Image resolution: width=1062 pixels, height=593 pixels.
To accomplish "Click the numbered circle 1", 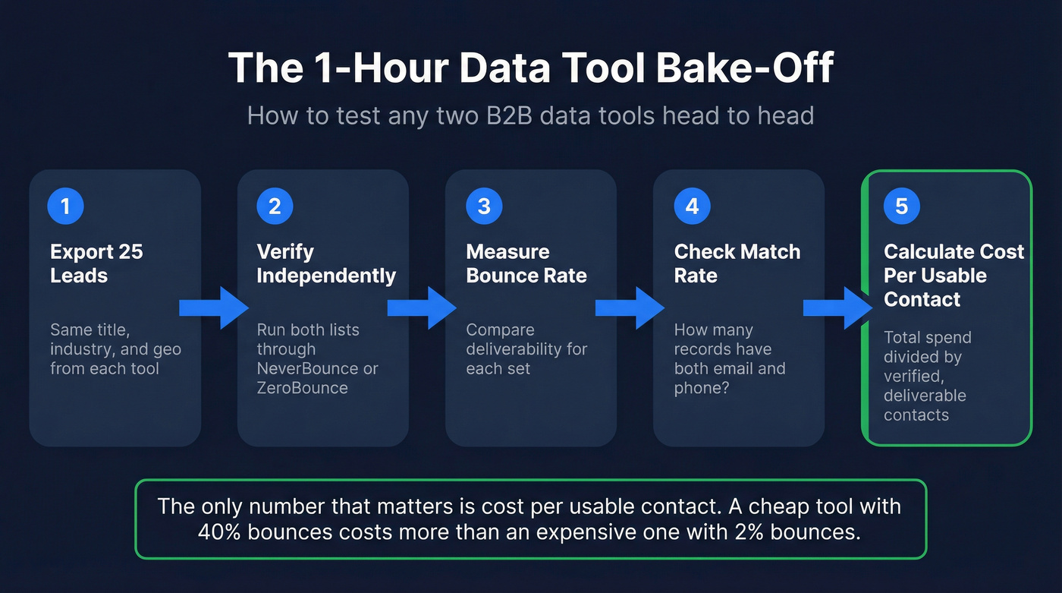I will point(65,207).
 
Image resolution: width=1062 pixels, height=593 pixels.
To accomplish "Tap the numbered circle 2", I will point(275,207).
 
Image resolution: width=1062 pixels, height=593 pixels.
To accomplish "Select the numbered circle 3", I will point(484,207).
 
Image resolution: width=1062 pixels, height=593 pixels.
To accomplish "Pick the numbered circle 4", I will point(692,207).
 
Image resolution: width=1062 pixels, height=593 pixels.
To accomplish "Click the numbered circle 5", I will point(901,207).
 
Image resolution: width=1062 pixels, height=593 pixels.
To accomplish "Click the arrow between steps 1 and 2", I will point(214,308).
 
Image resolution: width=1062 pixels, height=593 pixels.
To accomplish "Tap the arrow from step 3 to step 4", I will point(630,308).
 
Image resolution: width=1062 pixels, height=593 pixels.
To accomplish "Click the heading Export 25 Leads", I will point(96,263).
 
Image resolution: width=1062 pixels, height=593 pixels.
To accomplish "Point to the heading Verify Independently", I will point(326,263).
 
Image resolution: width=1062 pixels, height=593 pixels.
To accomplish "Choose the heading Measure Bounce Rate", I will point(526,263).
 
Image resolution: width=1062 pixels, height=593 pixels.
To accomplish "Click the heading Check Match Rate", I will point(737,263).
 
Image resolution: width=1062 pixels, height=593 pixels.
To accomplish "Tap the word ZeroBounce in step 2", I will point(302,388).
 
